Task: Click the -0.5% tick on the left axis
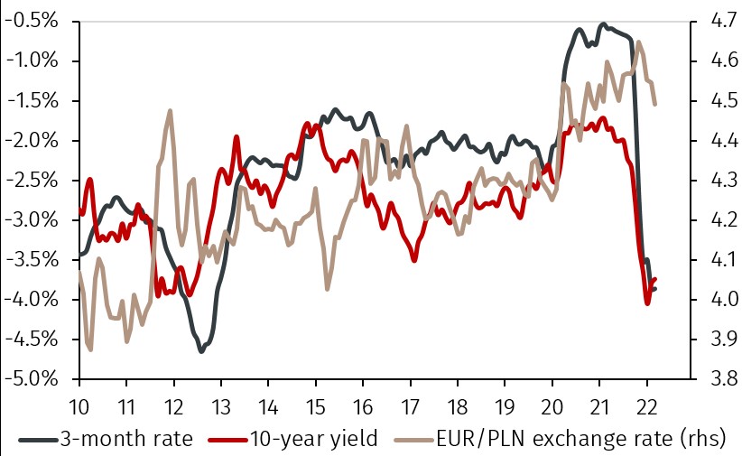click(32, 21)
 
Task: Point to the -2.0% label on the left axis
click(32, 140)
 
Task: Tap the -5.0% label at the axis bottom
click(32, 378)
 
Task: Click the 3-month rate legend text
click(126, 440)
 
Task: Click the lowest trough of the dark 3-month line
click(201, 350)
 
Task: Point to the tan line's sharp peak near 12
click(171, 110)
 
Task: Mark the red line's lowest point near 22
click(646, 302)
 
